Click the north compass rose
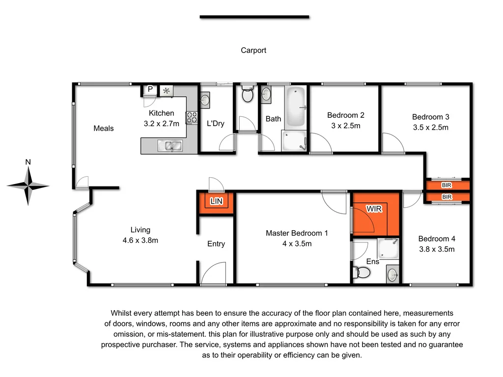point(28,186)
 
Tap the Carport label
point(253,50)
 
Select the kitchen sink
point(169,145)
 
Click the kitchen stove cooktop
point(191,117)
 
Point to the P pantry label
point(150,89)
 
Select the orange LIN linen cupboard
point(216,202)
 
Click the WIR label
point(374,209)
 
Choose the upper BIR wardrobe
point(447,185)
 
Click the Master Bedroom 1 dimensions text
point(296,243)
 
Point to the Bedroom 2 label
point(345,115)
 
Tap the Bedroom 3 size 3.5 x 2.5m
point(430,127)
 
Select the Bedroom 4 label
point(437,239)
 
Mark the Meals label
point(104,129)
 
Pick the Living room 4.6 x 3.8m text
point(140,241)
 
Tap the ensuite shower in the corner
point(389,248)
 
